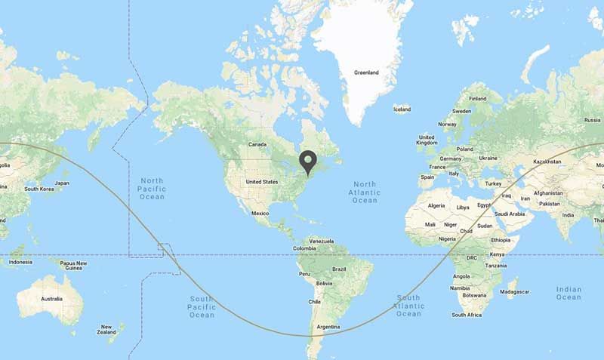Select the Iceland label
pyautogui.click(x=402, y=109)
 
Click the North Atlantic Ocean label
pyautogui.click(x=365, y=192)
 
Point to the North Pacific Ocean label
pyautogui.click(x=152, y=188)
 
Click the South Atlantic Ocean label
pyautogui.click(x=408, y=305)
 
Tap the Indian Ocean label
pyautogui.click(x=569, y=293)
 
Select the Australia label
pyautogui.click(x=51, y=299)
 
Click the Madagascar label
pyautogui.click(x=515, y=291)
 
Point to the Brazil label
pyautogui.click(x=339, y=269)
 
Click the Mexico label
pyautogui.click(x=260, y=213)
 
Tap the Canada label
pyautogui.click(x=258, y=143)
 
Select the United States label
pyautogui.click(x=263, y=182)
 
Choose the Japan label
pyautogui.click(x=62, y=183)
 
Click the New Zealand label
pyautogui.click(x=106, y=329)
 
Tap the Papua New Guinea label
pyautogui.click(x=74, y=265)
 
